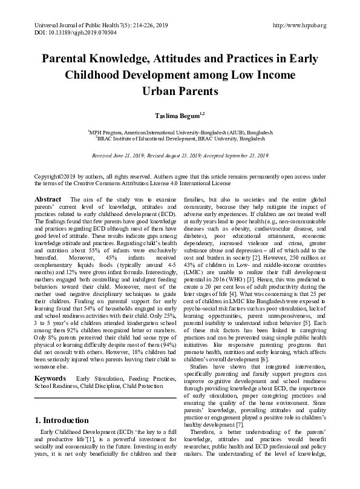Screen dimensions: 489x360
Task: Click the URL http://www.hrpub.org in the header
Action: tap(300, 25)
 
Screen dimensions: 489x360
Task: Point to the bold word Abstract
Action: tap(48, 199)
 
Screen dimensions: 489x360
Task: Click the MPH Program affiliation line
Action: tap(180, 131)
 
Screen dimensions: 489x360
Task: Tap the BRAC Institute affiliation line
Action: tap(180, 139)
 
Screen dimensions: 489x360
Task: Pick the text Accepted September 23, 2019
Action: tap(238, 156)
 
